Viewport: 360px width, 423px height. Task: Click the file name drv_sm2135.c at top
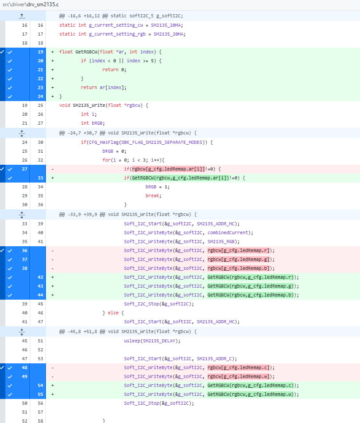pyautogui.click(x=43, y=4)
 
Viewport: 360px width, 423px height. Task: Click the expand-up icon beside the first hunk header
pyautogui.click(x=22, y=16)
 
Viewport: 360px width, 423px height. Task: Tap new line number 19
pyautogui.click(x=41, y=52)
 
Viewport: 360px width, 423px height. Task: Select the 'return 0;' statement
pyautogui.click(x=114, y=69)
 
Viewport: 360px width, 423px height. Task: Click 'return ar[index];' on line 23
pyautogui.click(x=103, y=87)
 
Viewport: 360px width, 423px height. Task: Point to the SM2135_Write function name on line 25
pyautogui.click(x=89, y=105)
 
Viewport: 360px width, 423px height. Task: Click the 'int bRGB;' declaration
pyautogui.click(x=93, y=123)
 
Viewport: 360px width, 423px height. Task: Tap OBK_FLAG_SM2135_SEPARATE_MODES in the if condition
pyautogui.click(x=162, y=142)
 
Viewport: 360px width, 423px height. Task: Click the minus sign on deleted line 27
pyautogui.click(x=53, y=169)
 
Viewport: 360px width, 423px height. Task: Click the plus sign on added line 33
pyautogui.click(x=53, y=178)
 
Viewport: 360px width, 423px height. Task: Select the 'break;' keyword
pyautogui.click(x=153, y=195)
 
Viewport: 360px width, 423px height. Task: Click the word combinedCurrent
pyautogui.click(x=228, y=232)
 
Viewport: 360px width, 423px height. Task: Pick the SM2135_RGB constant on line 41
pyautogui.click(x=221, y=241)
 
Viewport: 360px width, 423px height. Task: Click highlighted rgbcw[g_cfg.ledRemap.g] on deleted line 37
pyautogui.click(x=238, y=259)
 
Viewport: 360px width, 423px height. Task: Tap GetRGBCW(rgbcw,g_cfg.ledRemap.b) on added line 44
pyautogui.click(x=250, y=295)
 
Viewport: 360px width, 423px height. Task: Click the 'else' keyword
pyautogui.click(x=113, y=313)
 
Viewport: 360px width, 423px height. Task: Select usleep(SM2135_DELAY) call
pyautogui.click(x=151, y=341)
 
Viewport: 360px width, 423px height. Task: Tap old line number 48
pyautogui.click(x=25, y=367)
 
